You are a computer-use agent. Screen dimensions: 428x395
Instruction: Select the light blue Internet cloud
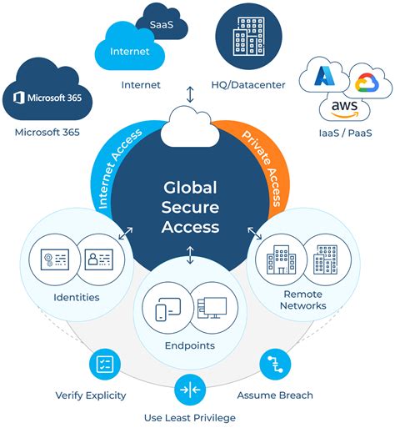point(129,50)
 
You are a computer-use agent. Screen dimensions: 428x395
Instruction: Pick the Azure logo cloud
point(327,78)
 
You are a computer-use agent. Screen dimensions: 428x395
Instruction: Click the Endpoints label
point(190,345)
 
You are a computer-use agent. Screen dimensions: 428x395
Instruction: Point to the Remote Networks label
point(304,300)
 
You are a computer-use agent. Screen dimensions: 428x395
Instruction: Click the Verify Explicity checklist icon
point(104,365)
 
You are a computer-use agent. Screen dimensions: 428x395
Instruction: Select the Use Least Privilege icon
point(190,390)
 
